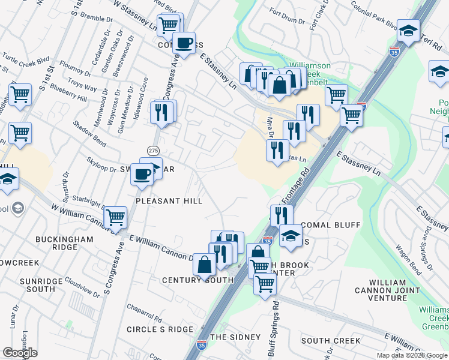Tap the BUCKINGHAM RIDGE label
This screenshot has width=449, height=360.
tap(64, 243)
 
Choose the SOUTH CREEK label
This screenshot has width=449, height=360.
tap(331, 341)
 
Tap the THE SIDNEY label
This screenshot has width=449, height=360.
tap(235, 337)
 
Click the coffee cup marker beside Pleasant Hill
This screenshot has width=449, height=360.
tap(142, 173)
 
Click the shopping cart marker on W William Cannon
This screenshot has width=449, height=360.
tap(115, 217)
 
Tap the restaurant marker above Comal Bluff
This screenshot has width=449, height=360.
tap(281, 214)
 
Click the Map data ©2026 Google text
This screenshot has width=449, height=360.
tap(412, 355)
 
